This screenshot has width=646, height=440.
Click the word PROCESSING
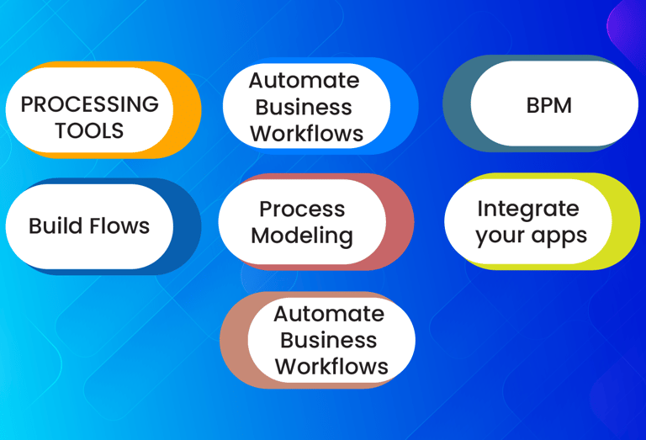point(89,104)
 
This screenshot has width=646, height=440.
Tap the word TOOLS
point(89,131)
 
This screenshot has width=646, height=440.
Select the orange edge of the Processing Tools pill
point(188,109)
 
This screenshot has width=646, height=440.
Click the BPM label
point(548,105)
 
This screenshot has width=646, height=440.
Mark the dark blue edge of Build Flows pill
point(187,226)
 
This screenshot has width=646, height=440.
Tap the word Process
point(302,209)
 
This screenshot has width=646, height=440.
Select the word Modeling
point(302,236)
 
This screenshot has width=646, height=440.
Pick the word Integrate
point(528,208)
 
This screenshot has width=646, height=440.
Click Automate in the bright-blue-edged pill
point(304,80)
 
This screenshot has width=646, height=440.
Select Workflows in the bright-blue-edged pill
point(306,134)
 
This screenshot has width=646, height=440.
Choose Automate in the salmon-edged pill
point(329,313)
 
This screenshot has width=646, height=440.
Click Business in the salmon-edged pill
point(328,340)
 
